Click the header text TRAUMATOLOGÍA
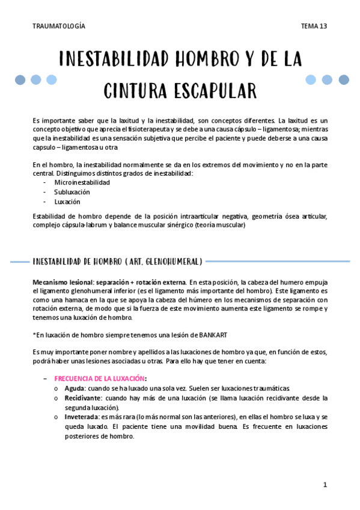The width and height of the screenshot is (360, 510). [59, 26]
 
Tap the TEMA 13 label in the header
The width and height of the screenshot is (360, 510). [314, 26]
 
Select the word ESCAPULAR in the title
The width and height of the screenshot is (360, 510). [208, 91]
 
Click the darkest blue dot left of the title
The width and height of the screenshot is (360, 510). [20, 79]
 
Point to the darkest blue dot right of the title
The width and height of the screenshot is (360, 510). [344, 79]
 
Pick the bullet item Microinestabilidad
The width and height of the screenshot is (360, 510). [82, 182]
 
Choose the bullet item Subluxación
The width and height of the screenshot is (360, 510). [72, 192]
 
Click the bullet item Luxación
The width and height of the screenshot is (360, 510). [67, 202]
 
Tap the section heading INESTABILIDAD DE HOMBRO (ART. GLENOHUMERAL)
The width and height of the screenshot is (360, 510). [117, 261]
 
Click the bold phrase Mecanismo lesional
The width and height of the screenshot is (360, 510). [61, 281]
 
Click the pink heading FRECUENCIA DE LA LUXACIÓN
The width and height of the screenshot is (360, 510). [99, 378]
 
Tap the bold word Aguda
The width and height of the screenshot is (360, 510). [75, 388]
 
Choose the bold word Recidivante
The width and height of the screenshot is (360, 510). [83, 398]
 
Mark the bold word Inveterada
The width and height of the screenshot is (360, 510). [82, 416]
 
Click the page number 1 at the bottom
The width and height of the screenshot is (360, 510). [325, 484]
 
